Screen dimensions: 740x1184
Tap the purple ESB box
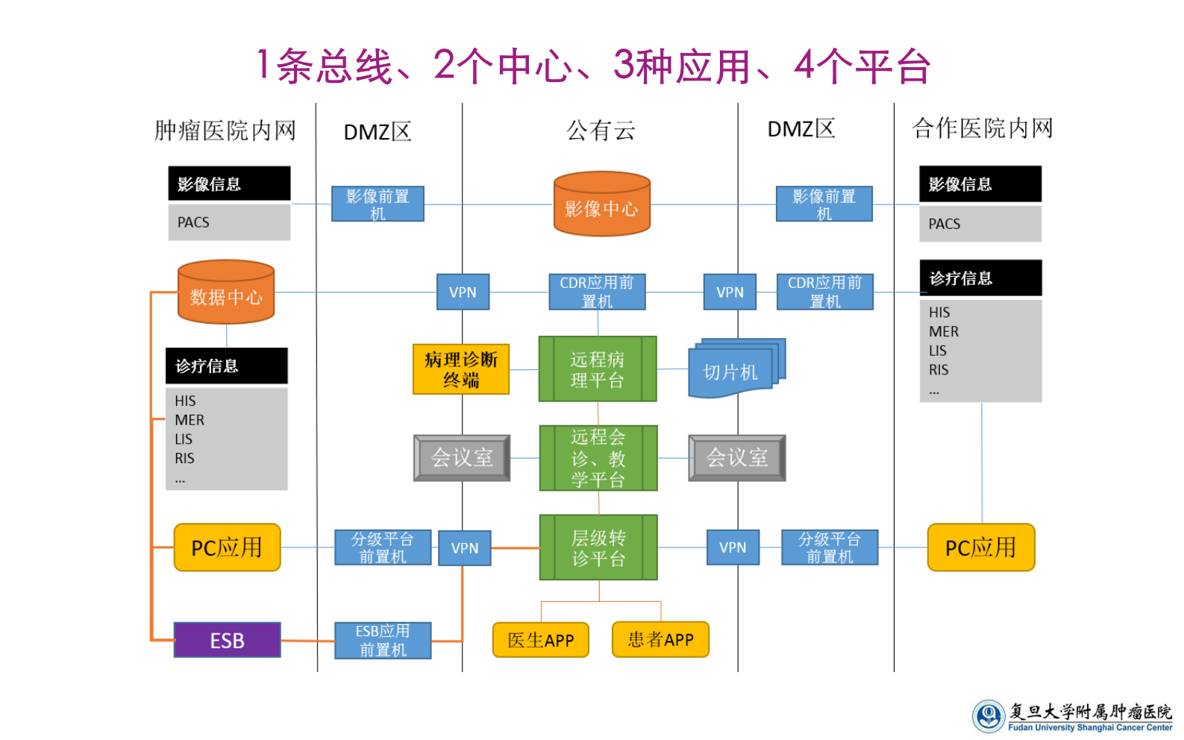pos(227,640)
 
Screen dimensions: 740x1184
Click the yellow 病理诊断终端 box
pos(461,369)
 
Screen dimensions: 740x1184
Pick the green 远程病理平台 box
pos(598,369)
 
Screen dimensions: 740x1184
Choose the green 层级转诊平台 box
pos(598,548)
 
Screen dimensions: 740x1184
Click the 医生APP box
pos(540,640)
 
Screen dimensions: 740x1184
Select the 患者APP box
pos(660,639)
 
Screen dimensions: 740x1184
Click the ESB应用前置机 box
pos(383,640)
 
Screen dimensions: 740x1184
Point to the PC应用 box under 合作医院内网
pos(980,548)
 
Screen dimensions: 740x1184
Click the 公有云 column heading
pos(601,131)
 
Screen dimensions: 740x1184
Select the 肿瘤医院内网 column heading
pos(225,131)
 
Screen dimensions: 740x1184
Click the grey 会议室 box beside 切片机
pos(736,458)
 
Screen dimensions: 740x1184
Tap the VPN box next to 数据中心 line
pos(463,292)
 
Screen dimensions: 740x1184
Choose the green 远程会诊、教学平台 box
pos(598,458)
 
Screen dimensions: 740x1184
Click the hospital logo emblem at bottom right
pos(989,716)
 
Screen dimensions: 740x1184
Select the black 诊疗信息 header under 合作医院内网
pos(980,278)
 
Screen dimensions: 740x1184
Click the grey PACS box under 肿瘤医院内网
pos(229,222)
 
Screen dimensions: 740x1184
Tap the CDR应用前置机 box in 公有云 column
pos(597,292)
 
